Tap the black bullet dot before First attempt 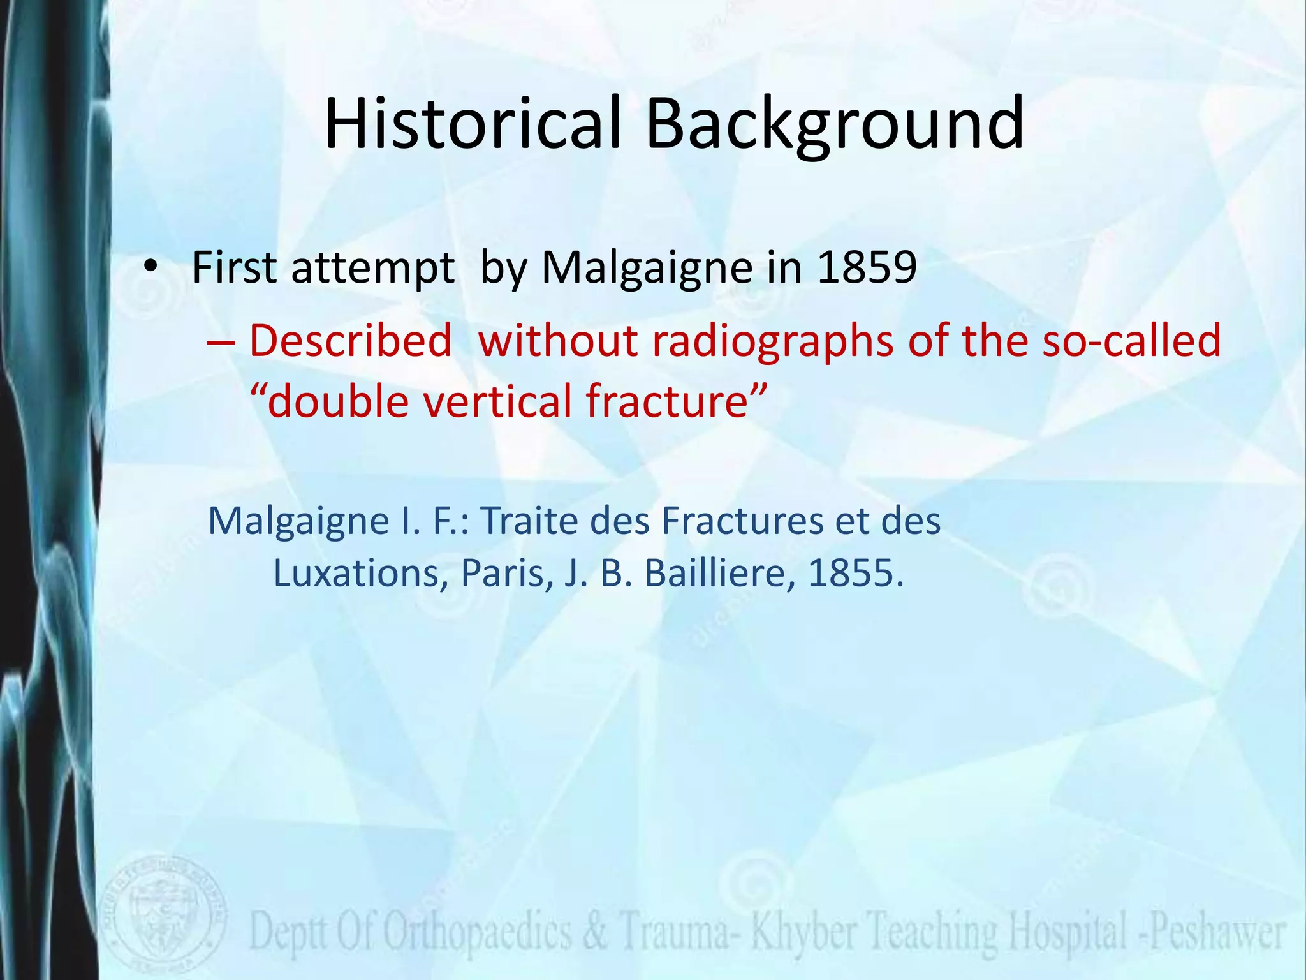click(150, 267)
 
